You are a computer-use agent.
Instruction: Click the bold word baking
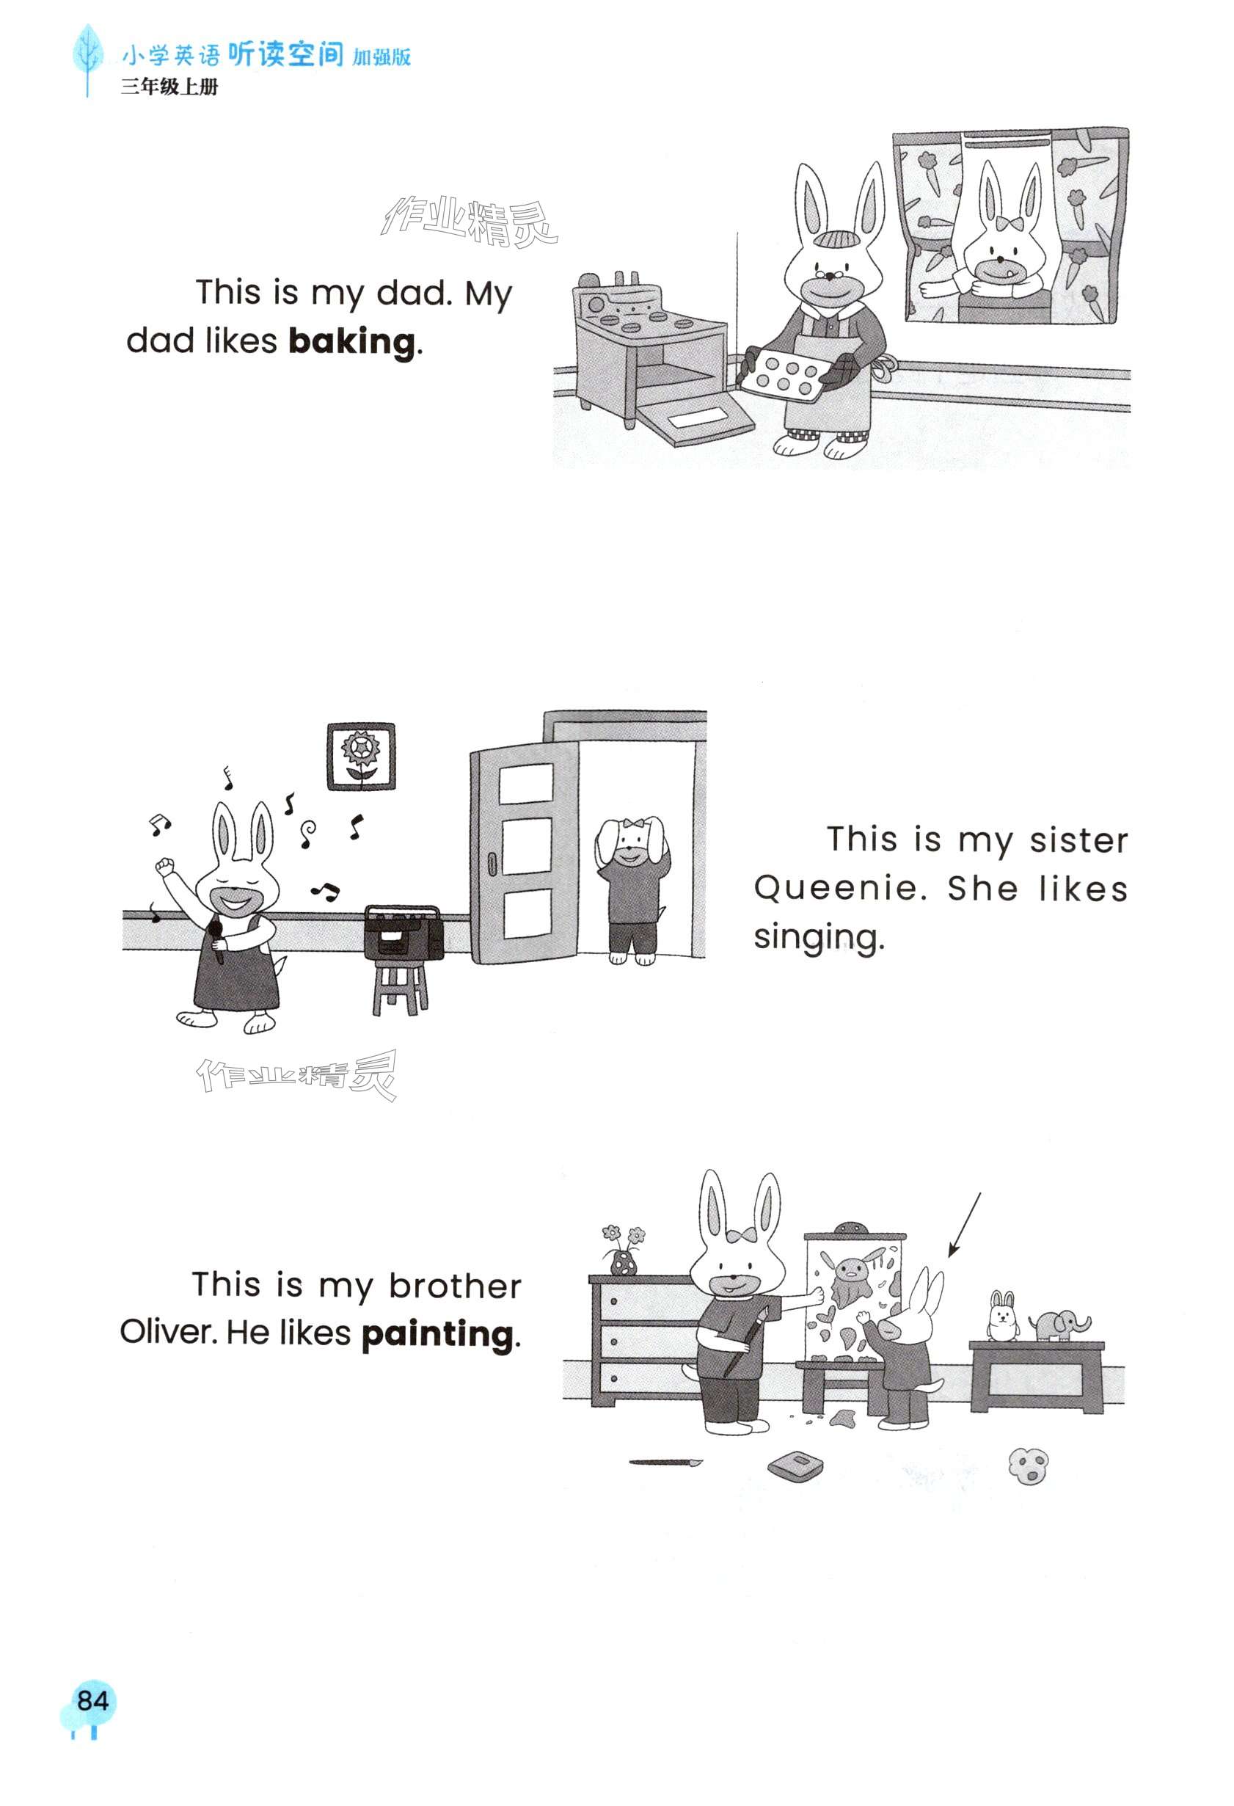tap(351, 341)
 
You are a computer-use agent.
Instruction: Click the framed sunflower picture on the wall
tap(360, 756)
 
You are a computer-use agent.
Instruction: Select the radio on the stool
tap(404, 932)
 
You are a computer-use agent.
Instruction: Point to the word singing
tap(817, 937)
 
